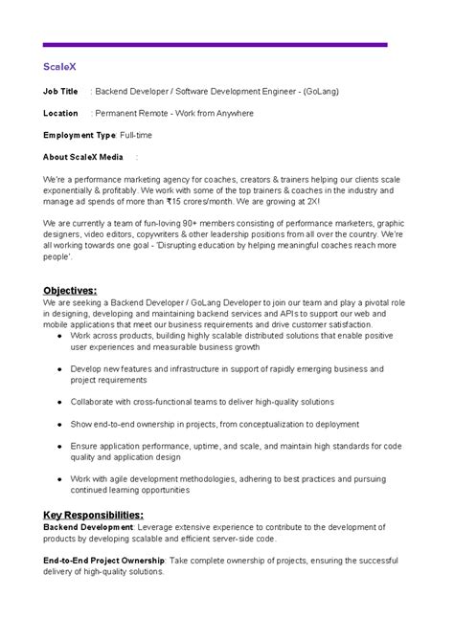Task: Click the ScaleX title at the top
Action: click(60, 68)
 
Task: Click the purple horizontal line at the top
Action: click(216, 44)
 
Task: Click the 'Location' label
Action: click(61, 113)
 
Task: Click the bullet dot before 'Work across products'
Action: click(62, 335)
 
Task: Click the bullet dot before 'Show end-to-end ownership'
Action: click(62, 423)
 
